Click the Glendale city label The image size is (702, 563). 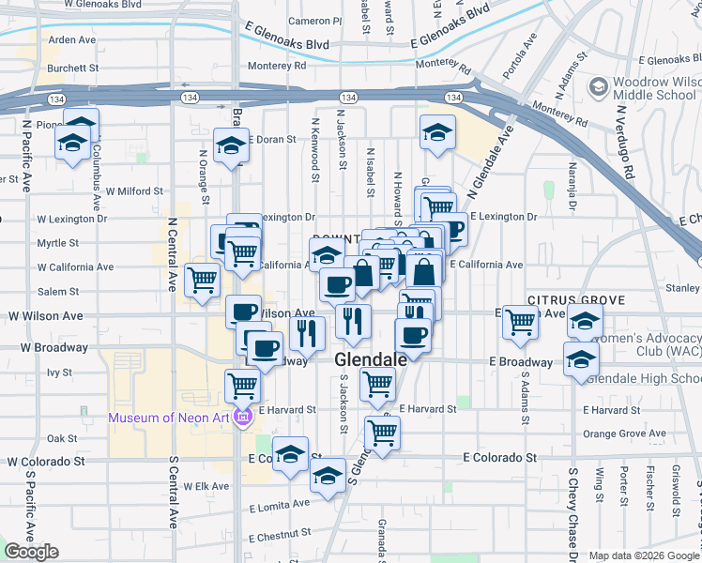pyautogui.click(x=371, y=359)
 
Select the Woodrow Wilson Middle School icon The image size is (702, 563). pyautogui.click(x=597, y=87)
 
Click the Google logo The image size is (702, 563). pyautogui.click(x=31, y=552)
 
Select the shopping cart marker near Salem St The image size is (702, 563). pyautogui.click(x=203, y=279)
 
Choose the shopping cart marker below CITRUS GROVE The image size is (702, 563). pyautogui.click(x=520, y=321)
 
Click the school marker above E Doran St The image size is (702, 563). pyautogui.click(x=231, y=145)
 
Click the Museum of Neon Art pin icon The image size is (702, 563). pyautogui.click(x=243, y=418)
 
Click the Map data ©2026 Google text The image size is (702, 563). pyautogui.click(x=645, y=555)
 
